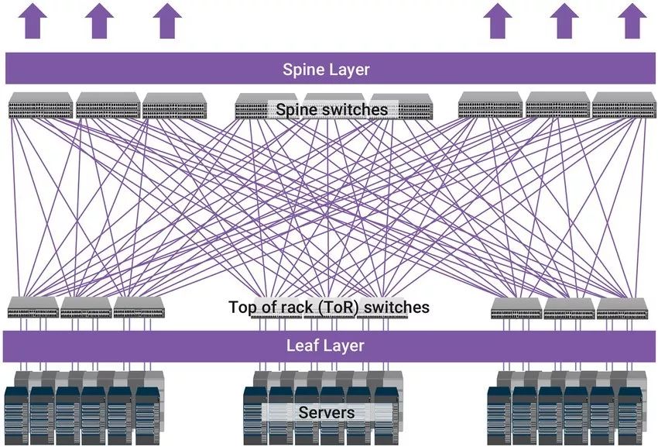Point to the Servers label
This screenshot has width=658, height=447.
327,412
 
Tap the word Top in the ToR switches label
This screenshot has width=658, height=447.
242,308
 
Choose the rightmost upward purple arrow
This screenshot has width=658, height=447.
632,21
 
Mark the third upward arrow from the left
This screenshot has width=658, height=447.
166,21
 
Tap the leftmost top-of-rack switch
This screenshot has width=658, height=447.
33,308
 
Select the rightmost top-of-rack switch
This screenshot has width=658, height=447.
622,308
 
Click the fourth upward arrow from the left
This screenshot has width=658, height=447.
497,21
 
